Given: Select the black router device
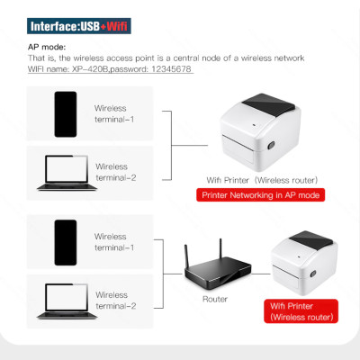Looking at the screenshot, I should click(x=214, y=269).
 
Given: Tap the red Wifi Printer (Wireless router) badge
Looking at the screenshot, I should click(x=301, y=311).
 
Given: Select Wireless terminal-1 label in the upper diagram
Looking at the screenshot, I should click(x=115, y=113).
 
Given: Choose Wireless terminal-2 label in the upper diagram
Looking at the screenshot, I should click(x=115, y=172).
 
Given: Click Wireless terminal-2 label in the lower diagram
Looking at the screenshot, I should click(x=115, y=300).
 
